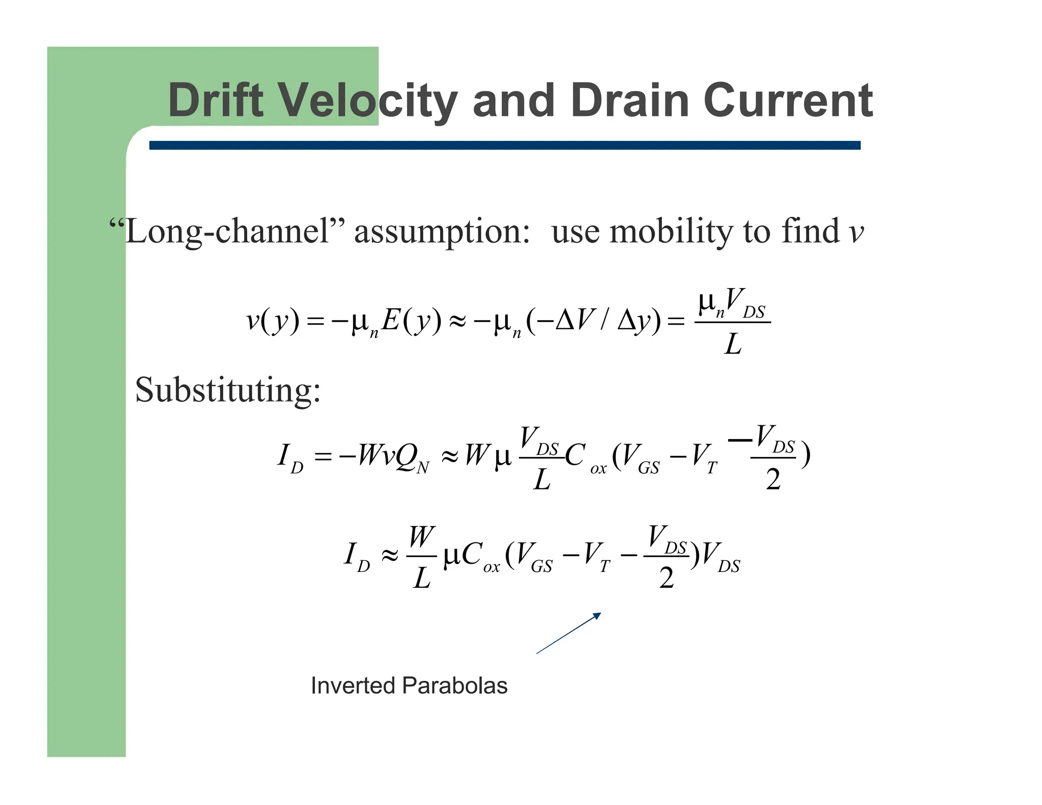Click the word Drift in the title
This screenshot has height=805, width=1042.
click(216, 100)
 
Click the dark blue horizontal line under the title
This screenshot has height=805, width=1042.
click(504, 146)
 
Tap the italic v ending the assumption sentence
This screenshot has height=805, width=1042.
click(857, 233)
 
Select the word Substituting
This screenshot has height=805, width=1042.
click(227, 390)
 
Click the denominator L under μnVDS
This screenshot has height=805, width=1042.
click(733, 344)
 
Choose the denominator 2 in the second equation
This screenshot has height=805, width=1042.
click(773, 480)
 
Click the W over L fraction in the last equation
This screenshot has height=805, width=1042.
click(421, 557)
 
